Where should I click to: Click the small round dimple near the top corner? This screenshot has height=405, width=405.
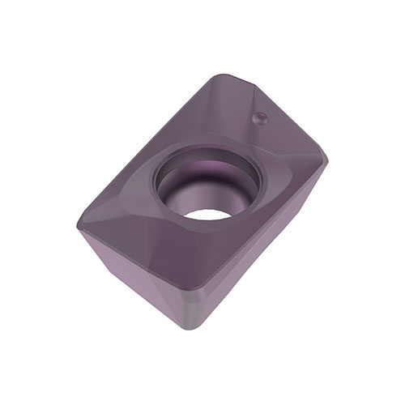coord(261,118)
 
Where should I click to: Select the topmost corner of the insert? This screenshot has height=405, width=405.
coord(217,75)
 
